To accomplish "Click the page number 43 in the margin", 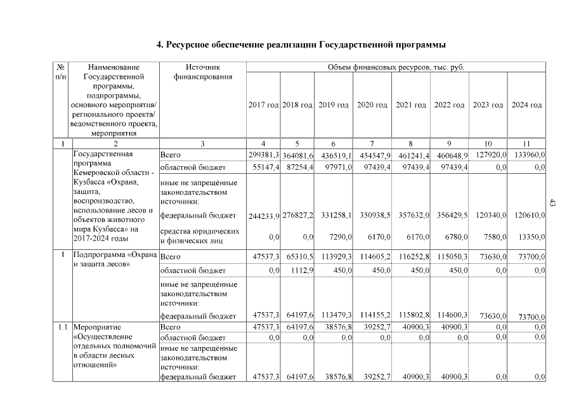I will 552,203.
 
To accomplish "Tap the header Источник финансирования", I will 202,72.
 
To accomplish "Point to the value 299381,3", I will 263,155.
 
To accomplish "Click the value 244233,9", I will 263,216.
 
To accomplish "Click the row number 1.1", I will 60,327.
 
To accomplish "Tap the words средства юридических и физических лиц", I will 199,236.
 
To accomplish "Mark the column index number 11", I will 526,144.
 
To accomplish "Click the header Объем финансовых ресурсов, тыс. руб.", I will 395,67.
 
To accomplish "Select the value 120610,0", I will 529,216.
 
